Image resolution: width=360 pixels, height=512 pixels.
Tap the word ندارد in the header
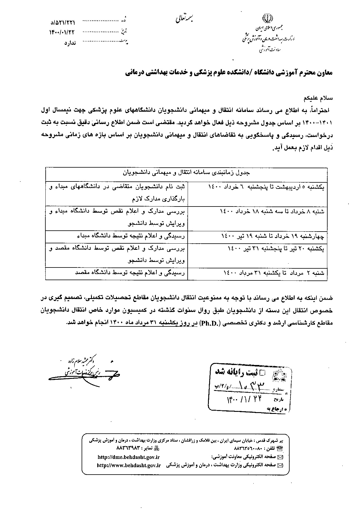click(x=70, y=43)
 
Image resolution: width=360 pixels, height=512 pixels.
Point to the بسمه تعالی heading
click(x=184, y=18)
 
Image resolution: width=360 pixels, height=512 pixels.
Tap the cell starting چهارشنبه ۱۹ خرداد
click(x=273, y=236)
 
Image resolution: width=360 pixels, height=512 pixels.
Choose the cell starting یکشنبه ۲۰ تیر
click(x=276, y=249)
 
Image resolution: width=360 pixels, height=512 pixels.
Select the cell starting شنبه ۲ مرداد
click(x=274, y=273)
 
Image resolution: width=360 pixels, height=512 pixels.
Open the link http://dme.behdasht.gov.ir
click(x=128, y=457)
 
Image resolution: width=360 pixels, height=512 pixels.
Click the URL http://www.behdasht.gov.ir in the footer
click(x=129, y=465)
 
